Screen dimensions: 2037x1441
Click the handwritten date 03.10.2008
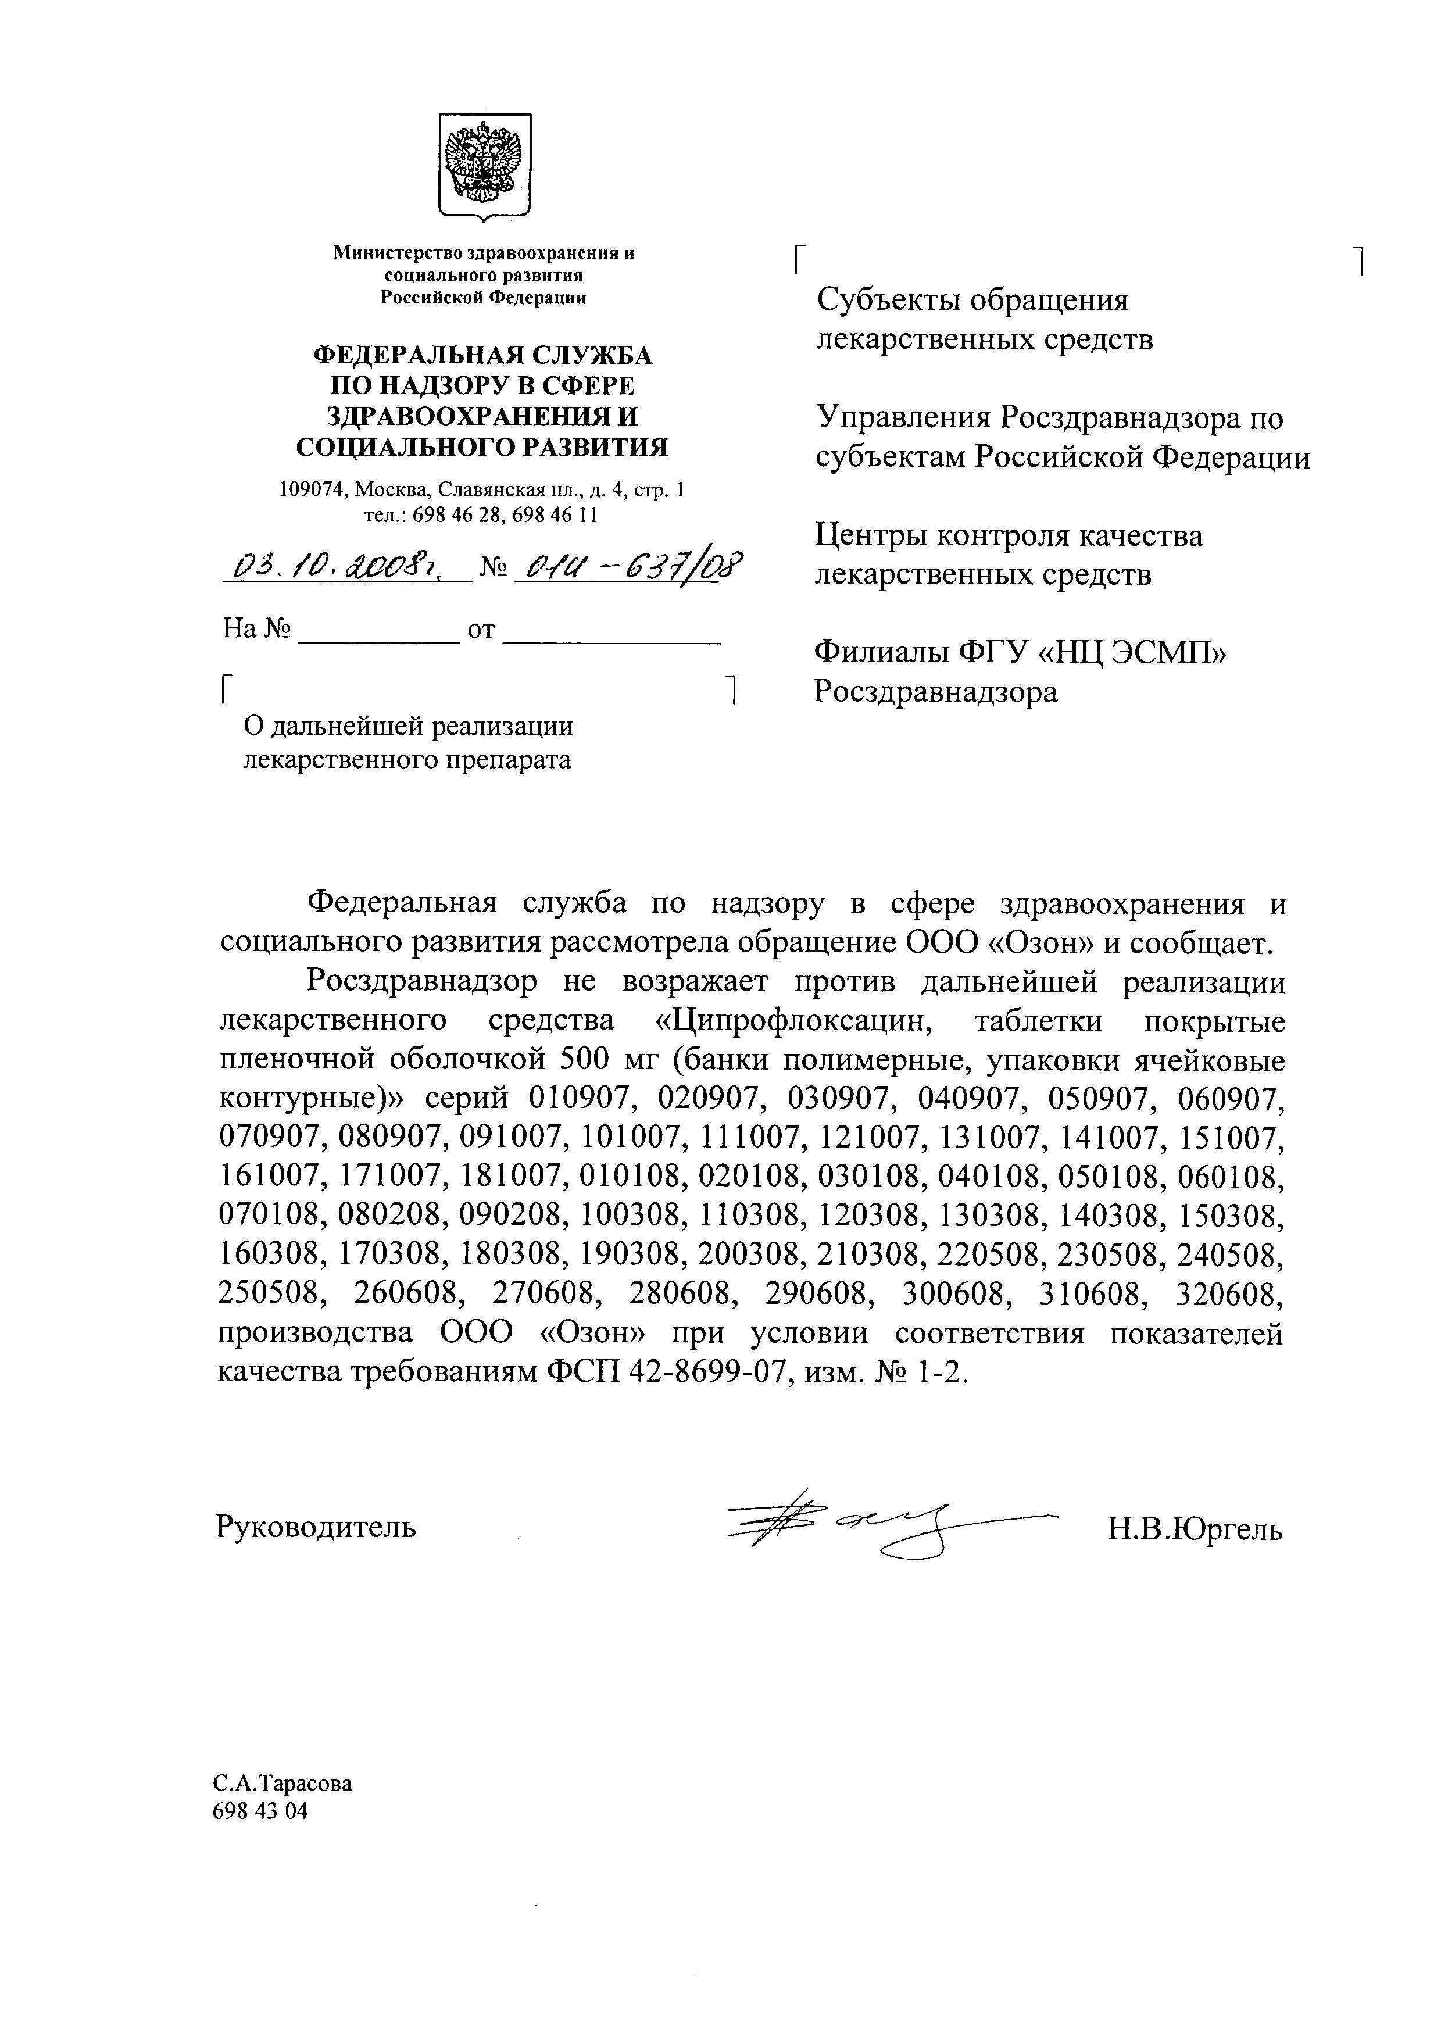point(346,564)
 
